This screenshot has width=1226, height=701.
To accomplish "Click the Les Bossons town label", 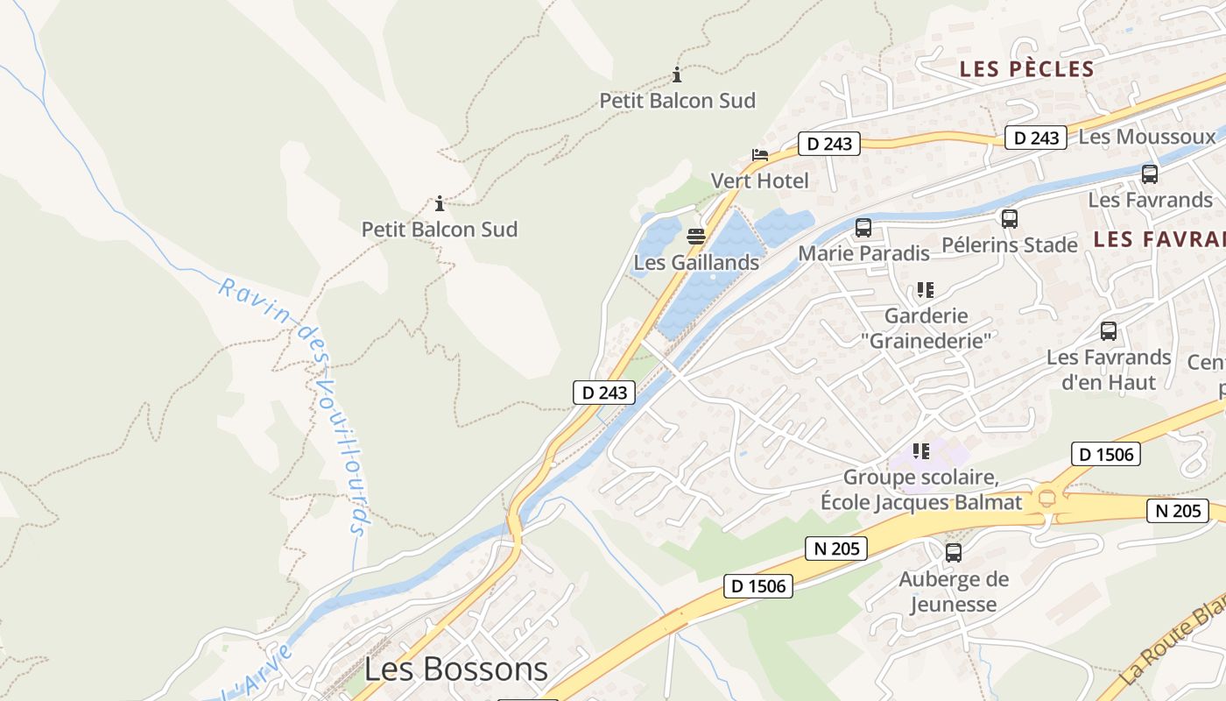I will [455, 669].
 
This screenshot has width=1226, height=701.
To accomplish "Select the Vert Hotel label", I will [759, 181].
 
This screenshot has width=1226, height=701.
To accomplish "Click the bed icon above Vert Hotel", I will [759, 156].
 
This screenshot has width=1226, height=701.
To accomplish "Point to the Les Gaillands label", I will [696, 262].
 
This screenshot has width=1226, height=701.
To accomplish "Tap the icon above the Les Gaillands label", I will [696, 237].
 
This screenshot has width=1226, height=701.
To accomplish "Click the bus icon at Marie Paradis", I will [863, 228].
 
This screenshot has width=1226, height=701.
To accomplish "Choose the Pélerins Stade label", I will [1009, 244].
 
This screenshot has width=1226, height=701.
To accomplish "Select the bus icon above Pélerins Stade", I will [1010, 219].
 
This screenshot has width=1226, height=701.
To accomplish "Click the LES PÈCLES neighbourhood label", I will [1026, 69].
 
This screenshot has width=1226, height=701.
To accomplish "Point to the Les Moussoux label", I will [1147, 137].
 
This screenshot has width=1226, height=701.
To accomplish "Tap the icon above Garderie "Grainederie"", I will [925, 290].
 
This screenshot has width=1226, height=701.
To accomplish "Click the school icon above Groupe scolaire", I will [920, 451].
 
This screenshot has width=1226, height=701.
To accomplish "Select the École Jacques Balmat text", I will [920, 502].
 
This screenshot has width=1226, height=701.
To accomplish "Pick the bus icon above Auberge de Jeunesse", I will [954, 553].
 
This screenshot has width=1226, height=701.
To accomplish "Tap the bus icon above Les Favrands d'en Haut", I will [1109, 331].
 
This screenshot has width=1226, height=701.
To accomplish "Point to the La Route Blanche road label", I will [1173, 644].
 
